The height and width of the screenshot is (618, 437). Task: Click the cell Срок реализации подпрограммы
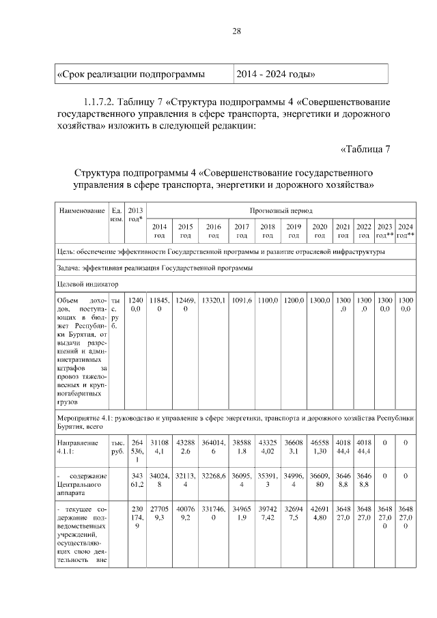click(132, 74)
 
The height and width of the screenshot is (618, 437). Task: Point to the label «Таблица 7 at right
click(364, 150)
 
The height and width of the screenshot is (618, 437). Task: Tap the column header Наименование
click(81, 210)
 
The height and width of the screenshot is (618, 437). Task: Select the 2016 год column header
click(213, 231)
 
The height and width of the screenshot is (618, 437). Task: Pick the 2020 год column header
click(319, 231)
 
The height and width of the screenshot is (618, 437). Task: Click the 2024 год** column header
click(406, 231)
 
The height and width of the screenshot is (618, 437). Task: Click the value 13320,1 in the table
click(214, 300)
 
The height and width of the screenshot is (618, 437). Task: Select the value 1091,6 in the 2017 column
click(241, 300)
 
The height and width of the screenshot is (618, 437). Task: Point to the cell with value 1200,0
click(294, 300)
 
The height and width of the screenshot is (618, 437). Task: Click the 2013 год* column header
click(136, 214)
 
